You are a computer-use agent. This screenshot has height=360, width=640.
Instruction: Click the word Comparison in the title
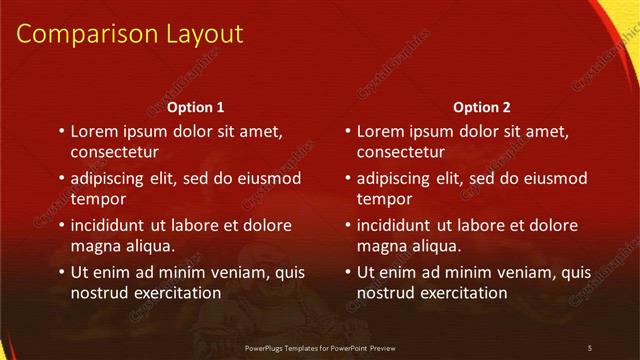point(83,35)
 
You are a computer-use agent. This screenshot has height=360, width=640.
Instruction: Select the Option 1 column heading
point(195,108)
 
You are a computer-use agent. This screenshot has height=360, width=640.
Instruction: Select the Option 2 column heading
point(482,108)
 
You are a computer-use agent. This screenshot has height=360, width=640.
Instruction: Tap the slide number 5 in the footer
point(589,347)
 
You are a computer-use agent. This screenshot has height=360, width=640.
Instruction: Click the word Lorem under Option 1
point(96,131)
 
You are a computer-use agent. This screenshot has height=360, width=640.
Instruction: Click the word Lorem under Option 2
point(382,131)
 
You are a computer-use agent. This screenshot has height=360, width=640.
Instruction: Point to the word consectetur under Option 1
point(115,153)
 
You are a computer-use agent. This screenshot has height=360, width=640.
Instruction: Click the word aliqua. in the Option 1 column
point(148,246)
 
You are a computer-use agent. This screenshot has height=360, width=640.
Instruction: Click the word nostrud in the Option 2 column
point(383,293)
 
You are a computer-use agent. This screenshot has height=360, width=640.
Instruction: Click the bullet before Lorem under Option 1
point(60,131)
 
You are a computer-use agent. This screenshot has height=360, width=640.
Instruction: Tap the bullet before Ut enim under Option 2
point(346,272)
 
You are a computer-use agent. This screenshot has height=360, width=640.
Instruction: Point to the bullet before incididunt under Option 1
point(60,225)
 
